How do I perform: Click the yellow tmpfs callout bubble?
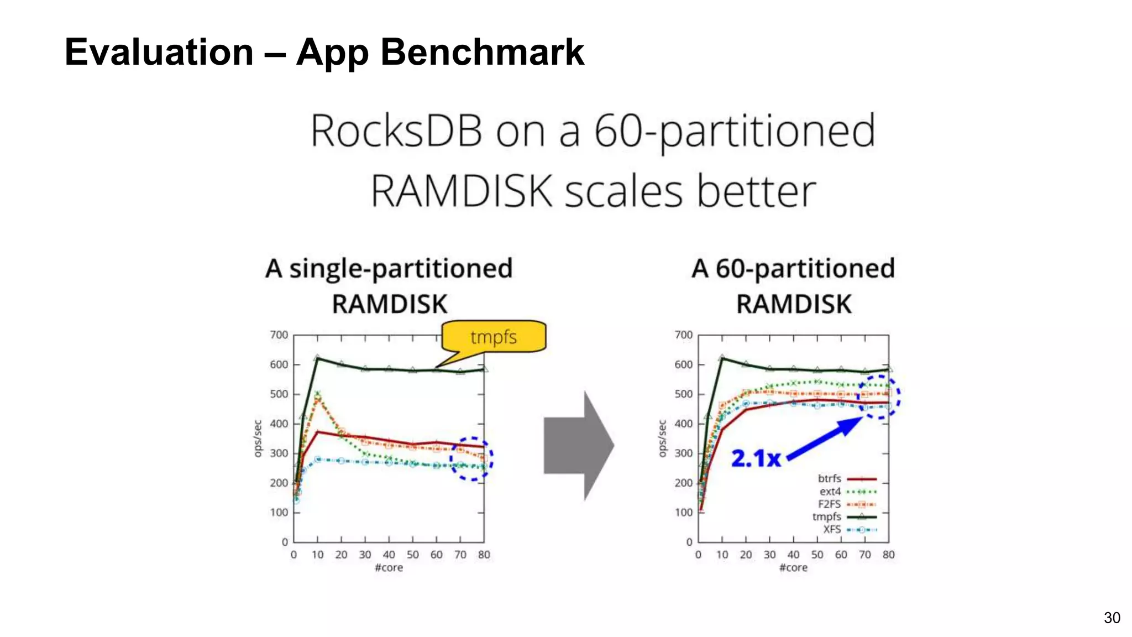click(x=494, y=336)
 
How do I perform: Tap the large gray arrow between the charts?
click(x=578, y=446)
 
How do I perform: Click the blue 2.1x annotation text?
click(x=756, y=458)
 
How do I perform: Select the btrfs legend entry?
click(x=846, y=479)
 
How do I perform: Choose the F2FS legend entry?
click(x=846, y=504)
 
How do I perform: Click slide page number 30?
click(x=1112, y=618)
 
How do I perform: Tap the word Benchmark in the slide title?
click(x=482, y=52)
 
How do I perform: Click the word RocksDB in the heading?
click(x=396, y=132)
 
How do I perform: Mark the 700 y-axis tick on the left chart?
click(x=279, y=335)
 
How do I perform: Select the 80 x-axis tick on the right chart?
click(x=888, y=555)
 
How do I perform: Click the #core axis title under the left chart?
click(x=389, y=568)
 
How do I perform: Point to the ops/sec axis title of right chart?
click(x=662, y=438)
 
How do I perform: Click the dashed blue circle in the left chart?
click(x=471, y=459)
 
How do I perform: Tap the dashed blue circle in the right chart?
click(x=879, y=396)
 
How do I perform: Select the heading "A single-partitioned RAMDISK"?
click(x=389, y=286)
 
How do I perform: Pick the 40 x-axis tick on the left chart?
click(x=389, y=555)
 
